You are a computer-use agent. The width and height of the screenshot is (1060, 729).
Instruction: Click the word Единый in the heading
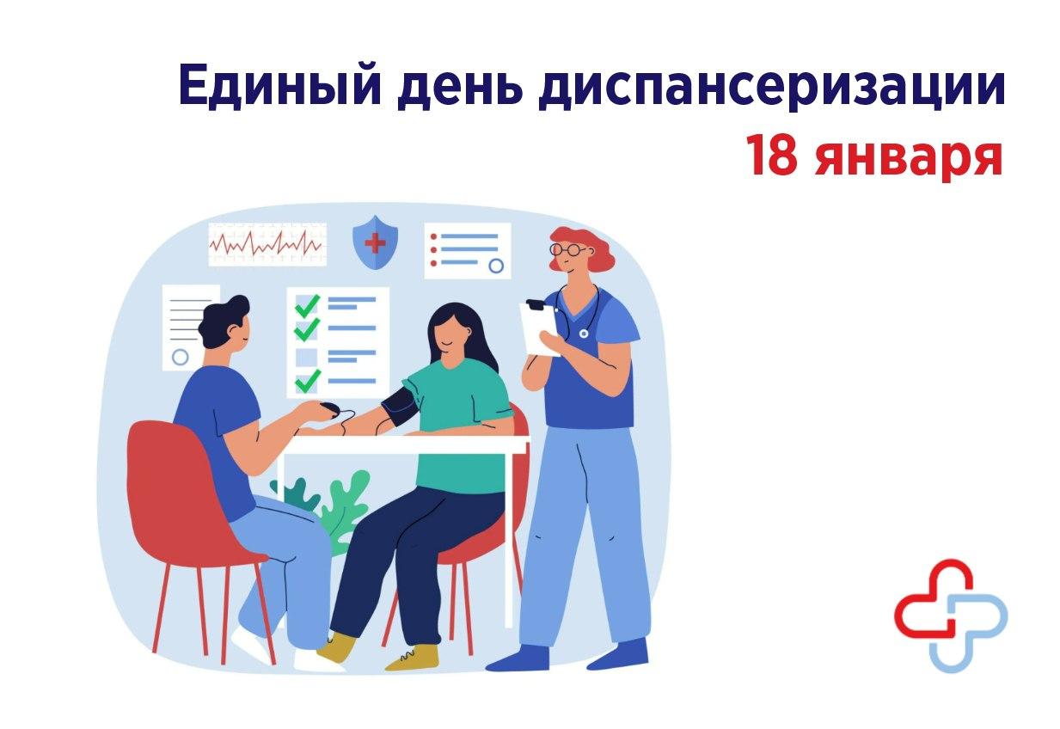point(279,86)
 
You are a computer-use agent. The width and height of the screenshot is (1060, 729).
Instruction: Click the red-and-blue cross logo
point(951,616)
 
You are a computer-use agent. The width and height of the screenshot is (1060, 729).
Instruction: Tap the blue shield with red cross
point(376,242)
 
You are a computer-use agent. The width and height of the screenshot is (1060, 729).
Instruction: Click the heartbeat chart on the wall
point(267,244)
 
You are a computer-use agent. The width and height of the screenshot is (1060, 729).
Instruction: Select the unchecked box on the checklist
point(306,357)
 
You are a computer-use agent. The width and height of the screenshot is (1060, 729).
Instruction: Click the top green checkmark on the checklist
point(307,305)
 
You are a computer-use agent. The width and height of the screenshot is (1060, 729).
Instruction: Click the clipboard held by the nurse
point(539,328)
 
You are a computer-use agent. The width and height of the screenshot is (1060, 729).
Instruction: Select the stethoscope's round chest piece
point(584,334)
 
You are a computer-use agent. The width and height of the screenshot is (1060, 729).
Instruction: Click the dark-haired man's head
point(224,323)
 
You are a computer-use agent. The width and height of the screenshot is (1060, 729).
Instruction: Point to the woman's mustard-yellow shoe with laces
point(412,657)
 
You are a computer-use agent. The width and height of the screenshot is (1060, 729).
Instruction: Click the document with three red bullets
point(468,251)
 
